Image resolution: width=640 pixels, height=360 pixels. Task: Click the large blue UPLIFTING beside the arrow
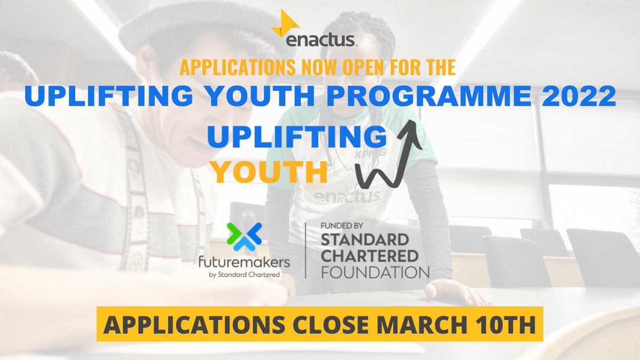point(297,138)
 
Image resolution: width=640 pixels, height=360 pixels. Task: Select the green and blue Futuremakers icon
point(244,236)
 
